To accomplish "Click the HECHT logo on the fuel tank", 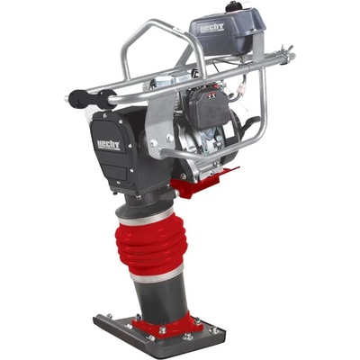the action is (x=212, y=26).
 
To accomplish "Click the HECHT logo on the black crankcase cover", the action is (x=108, y=145).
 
